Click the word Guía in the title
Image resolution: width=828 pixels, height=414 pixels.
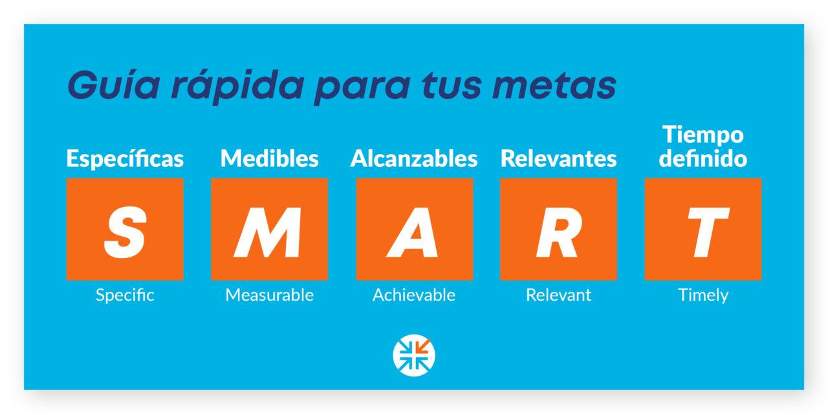click(x=114, y=85)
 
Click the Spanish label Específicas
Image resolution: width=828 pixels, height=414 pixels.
click(x=125, y=158)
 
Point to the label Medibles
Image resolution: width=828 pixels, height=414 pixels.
click(x=270, y=158)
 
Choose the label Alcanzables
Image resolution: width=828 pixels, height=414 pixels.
click(x=414, y=158)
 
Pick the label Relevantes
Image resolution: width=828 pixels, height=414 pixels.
click(x=558, y=158)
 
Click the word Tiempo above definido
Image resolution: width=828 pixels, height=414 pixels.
click(x=703, y=135)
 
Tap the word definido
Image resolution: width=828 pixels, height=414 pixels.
click(x=703, y=158)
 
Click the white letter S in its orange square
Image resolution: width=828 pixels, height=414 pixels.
click(x=125, y=232)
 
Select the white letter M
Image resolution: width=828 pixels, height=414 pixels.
click(x=268, y=232)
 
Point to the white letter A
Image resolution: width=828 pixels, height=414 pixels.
click(x=413, y=232)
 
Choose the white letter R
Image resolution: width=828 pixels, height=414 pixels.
click(x=559, y=232)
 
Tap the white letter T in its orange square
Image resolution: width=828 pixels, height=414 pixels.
click(x=708, y=232)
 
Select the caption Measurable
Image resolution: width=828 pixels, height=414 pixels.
click(x=270, y=295)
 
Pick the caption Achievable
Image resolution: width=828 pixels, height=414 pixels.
click(x=414, y=295)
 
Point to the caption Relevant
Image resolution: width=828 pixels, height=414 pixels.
click(x=558, y=295)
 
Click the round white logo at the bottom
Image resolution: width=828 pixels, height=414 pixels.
click(x=414, y=356)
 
